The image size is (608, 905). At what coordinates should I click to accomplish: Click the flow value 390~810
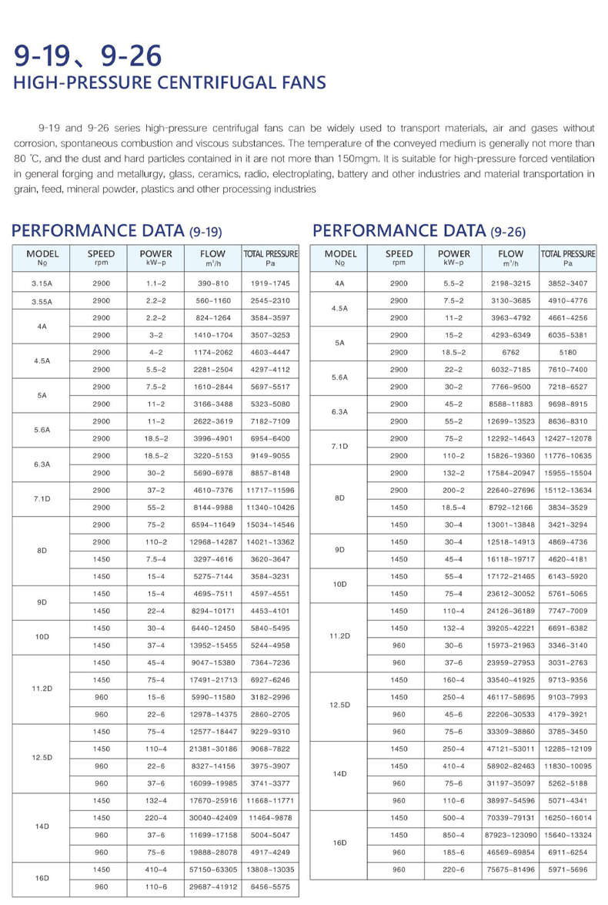point(212,283)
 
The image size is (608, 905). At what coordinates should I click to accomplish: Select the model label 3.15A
point(42,283)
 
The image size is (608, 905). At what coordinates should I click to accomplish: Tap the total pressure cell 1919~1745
point(270,283)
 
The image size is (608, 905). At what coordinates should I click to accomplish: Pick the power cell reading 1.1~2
point(156,283)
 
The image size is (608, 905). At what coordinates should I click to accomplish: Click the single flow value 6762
point(510,352)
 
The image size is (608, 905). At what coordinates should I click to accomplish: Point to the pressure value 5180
point(568,352)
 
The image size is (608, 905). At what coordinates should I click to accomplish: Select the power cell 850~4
point(454,835)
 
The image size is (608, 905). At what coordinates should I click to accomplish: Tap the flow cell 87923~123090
point(510,835)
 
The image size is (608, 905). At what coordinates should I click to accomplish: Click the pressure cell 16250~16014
point(568,818)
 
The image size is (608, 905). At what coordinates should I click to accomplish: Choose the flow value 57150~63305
point(212,870)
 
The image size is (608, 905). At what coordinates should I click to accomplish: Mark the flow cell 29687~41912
point(212,887)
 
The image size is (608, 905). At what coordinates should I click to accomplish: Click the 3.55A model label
point(42,301)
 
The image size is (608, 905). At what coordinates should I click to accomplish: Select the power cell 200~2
point(454,490)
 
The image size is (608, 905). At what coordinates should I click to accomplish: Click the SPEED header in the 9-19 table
point(101,253)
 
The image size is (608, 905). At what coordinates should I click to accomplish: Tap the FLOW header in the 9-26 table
point(510,253)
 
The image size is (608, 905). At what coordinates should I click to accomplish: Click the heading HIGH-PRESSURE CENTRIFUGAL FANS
point(169,83)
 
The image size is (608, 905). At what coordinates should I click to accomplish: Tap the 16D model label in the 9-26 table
point(340,843)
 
